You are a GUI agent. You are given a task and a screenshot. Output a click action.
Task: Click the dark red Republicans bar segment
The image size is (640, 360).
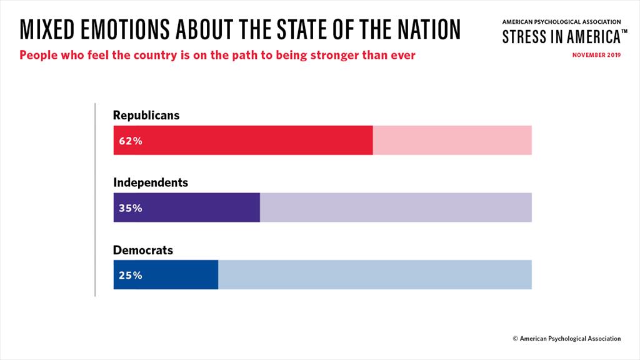point(243,141)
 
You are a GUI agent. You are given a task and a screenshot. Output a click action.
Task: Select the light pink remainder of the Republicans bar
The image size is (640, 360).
point(452,141)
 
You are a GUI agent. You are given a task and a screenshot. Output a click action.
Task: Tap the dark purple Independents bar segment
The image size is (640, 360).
point(186,207)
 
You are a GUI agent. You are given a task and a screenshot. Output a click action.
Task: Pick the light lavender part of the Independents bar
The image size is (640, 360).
point(396,207)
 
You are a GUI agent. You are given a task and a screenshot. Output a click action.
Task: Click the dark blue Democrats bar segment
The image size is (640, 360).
point(166,275)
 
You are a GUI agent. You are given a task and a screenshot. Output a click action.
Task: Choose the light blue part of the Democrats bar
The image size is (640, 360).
point(375,275)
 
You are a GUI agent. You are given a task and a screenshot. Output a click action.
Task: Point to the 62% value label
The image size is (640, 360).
point(131,141)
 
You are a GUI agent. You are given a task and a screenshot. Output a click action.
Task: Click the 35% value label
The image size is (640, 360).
point(131,208)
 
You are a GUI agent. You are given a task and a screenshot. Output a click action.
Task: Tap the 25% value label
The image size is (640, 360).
point(131,276)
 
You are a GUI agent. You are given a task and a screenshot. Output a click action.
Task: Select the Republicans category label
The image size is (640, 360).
point(146,116)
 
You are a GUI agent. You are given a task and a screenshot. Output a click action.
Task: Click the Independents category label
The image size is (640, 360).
point(151,182)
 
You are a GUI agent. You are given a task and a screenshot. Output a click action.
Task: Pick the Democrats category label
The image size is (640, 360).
point(143,250)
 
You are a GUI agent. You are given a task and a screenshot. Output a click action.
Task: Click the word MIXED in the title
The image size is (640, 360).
point(47,29)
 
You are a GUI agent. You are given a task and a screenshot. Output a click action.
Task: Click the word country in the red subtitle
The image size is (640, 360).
point(155,56)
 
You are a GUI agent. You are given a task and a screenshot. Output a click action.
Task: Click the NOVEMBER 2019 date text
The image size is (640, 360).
point(596,55)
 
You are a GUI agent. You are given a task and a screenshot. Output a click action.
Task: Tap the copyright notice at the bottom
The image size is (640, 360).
point(567,338)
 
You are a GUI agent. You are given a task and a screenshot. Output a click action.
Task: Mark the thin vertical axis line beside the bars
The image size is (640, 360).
point(95,199)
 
